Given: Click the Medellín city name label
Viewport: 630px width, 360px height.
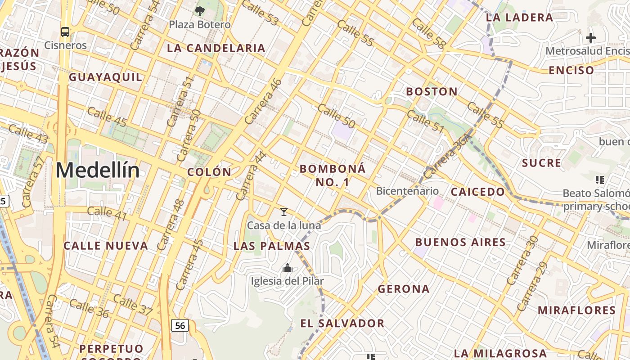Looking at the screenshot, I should (x=98, y=171).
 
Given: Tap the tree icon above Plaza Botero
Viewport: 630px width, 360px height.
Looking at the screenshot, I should (x=200, y=11).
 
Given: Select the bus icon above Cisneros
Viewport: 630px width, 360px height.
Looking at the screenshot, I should (x=65, y=32).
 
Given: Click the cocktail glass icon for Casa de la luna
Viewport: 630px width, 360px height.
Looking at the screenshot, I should (x=284, y=211).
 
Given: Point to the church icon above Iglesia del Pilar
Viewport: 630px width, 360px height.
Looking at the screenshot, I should (x=287, y=268).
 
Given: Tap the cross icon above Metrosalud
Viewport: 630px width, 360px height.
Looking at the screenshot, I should (x=591, y=38).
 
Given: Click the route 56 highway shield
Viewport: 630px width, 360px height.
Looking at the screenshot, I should (x=180, y=325).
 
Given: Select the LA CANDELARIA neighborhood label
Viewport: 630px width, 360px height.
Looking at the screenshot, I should (x=216, y=48).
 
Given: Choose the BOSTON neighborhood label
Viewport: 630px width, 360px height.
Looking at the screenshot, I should (x=432, y=92).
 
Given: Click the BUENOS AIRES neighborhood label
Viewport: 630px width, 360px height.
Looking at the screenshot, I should (x=460, y=242).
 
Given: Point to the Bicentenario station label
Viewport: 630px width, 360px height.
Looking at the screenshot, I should (x=407, y=191).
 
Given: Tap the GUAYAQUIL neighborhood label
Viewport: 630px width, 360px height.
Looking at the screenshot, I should (x=105, y=77).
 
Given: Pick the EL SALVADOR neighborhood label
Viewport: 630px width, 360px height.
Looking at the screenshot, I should (x=342, y=323).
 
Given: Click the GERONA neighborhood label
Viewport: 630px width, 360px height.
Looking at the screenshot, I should (x=404, y=289).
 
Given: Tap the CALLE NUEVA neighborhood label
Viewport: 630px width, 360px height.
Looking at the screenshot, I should (x=106, y=246).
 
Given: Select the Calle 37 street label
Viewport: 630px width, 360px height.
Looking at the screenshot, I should (x=133, y=305).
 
